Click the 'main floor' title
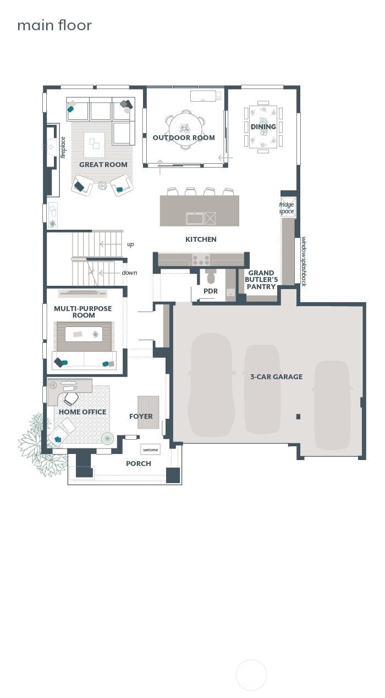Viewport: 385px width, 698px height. pyautogui.click(x=54, y=25)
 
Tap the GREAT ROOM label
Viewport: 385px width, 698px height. pyautogui.click(x=103, y=164)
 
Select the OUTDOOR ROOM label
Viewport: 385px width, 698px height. pyautogui.click(x=184, y=137)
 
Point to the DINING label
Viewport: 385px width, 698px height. pyautogui.click(x=263, y=126)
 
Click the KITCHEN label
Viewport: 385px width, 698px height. pyautogui.click(x=201, y=239)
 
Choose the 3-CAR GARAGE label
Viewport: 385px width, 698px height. pyautogui.click(x=277, y=376)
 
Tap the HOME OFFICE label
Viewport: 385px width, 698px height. pyautogui.click(x=82, y=412)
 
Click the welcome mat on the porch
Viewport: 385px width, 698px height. pyautogui.click(x=150, y=450)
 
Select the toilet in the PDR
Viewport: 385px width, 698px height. pyautogui.click(x=211, y=276)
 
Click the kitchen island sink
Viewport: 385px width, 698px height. pyautogui.click(x=195, y=218)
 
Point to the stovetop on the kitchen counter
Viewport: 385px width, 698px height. pyautogui.click(x=201, y=259)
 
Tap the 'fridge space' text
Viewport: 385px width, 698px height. pyautogui.click(x=287, y=208)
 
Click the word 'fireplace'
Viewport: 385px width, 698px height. pyautogui.click(x=63, y=148)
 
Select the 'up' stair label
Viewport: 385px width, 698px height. pyautogui.click(x=130, y=244)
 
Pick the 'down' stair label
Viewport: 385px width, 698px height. pyautogui.click(x=129, y=273)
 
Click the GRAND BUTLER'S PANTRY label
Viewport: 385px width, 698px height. pyautogui.click(x=261, y=280)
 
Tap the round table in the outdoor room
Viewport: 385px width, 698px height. pyautogui.click(x=184, y=129)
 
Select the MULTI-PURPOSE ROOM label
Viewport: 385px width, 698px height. pyautogui.click(x=83, y=312)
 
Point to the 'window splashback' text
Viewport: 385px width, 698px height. pyautogui.click(x=304, y=262)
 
